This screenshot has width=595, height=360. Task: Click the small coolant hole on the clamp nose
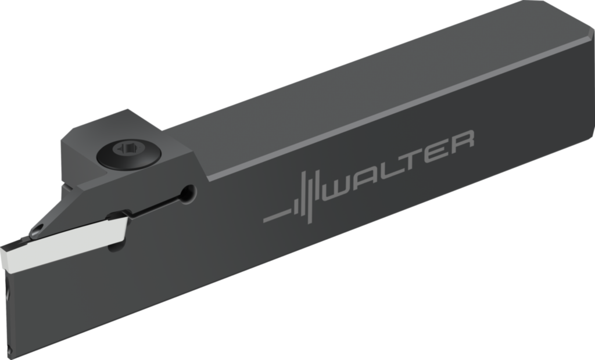(x=37, y=228)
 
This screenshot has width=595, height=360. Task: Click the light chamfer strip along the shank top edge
(x=378, y=113)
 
